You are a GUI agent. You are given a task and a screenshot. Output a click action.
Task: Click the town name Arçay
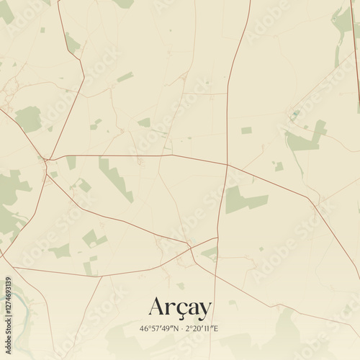180,307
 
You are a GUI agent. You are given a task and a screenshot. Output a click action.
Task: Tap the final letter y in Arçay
204,310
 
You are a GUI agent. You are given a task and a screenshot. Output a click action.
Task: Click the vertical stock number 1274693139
8,292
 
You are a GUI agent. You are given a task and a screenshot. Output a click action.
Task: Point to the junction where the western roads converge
46,158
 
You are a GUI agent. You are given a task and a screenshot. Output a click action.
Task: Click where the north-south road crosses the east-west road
227,165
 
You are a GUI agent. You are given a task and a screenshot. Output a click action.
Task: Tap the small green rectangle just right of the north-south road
246,130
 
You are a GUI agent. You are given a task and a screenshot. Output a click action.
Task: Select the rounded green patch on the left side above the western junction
29,119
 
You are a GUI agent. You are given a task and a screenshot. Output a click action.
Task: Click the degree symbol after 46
149,327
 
